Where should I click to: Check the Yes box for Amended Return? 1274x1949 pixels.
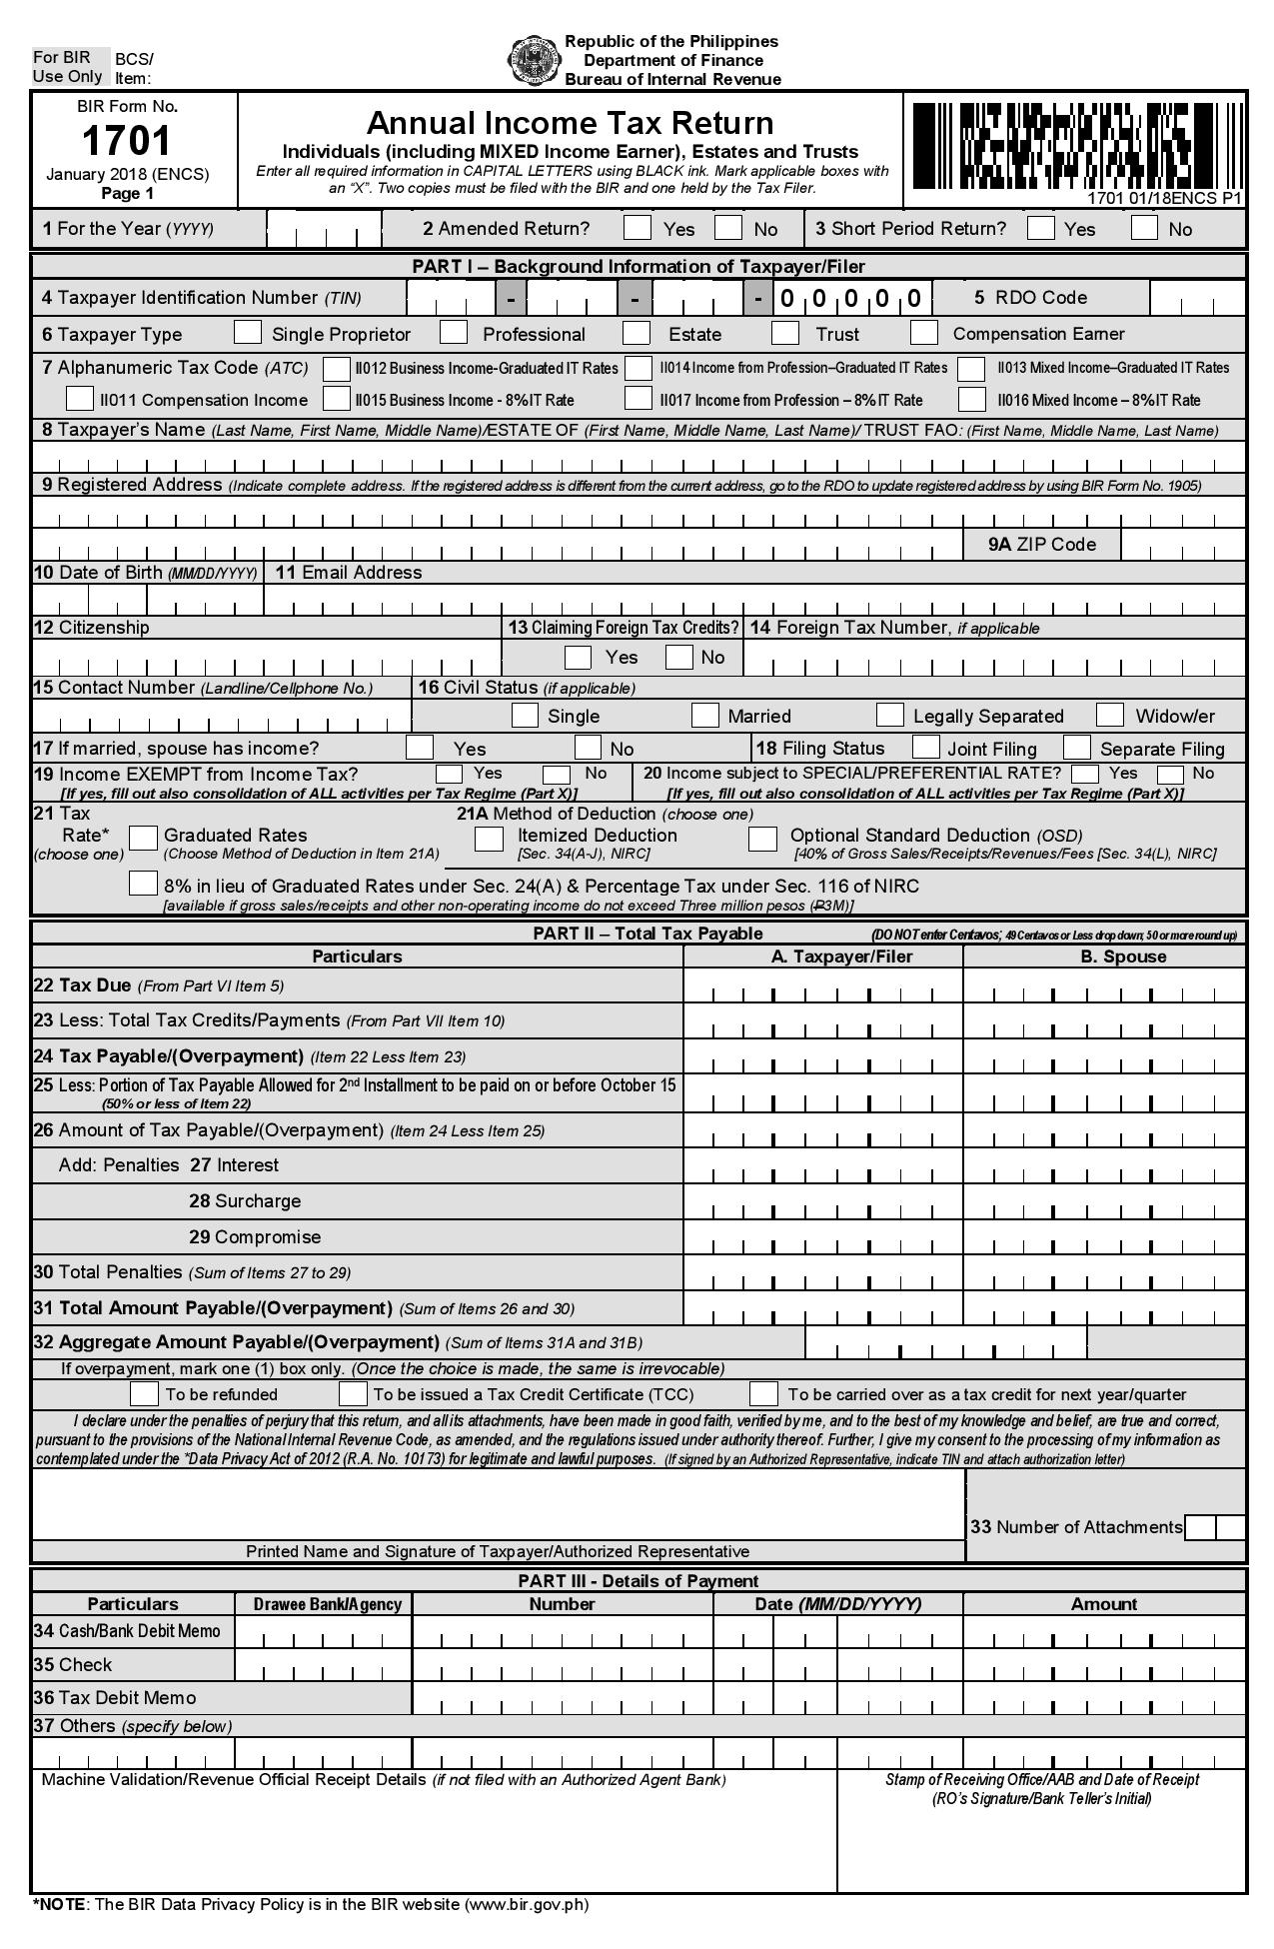click(637, 228)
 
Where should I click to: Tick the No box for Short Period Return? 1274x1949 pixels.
click(1144, 228)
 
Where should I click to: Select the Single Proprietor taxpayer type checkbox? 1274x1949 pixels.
click(248, 332)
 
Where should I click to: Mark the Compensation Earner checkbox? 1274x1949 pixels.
click(924, 332)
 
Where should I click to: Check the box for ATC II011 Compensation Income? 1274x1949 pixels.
click(80, 399)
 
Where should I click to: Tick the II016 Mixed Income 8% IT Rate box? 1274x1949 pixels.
click(971, 399)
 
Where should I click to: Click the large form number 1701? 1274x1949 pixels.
click(127, 141)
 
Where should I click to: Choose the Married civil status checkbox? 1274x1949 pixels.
click(705, 715)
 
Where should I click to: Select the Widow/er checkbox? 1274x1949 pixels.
click(1110, 715)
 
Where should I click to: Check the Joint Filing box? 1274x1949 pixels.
click(926, 748)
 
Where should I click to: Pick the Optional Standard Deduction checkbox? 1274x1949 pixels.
click(762, 838)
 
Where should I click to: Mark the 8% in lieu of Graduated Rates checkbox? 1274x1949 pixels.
click(144, 884)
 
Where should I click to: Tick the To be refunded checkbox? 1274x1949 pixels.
click(145, 1393)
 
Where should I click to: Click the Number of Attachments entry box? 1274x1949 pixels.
click(1214, 1527)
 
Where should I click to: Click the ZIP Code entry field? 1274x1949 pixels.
click(1182, 545)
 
